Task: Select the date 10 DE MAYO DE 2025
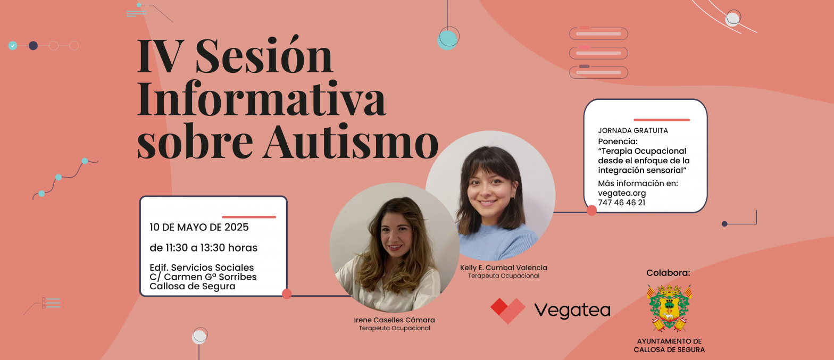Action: coord(199,227)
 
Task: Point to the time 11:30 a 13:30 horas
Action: coord(203,248)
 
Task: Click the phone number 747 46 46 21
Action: coord(621,203)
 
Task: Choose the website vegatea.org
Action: coord(622,193)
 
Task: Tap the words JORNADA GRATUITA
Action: coord(633,130)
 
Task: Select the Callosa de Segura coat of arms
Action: coord(669,308)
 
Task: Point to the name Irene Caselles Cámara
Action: coord(394,320)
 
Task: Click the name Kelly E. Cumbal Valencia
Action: coord(503,267)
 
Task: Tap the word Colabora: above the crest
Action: coord(668,273)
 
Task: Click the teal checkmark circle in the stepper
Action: coord(13,46)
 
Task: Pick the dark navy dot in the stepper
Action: coord(33,46)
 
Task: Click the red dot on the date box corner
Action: coord(287,294)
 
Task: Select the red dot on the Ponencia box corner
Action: coord(591,210)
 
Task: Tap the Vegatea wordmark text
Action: coord(572,311)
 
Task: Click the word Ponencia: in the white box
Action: coord(618,141)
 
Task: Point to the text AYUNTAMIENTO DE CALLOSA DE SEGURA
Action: coord(669,346)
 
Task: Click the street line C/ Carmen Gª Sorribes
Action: coord(203,277)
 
